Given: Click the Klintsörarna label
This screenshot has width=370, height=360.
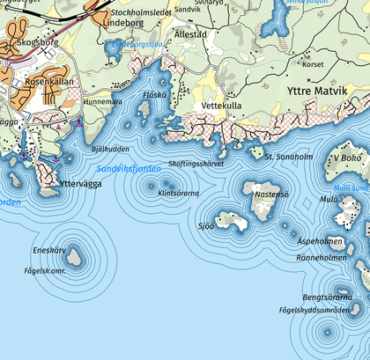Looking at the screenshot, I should click(179, 193).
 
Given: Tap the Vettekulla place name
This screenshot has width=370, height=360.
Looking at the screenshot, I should click(222, 105).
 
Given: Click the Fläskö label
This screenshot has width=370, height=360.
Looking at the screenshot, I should click(155, 94).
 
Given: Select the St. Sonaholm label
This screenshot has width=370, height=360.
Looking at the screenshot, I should click(288, 156).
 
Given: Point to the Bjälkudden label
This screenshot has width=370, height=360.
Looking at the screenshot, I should click(110, 149).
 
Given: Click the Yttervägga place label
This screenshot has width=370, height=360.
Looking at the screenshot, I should click(82, 184).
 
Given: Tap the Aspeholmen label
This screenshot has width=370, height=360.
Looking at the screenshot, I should click(320, 240).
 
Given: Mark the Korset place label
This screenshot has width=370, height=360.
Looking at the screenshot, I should click(313, 64).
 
